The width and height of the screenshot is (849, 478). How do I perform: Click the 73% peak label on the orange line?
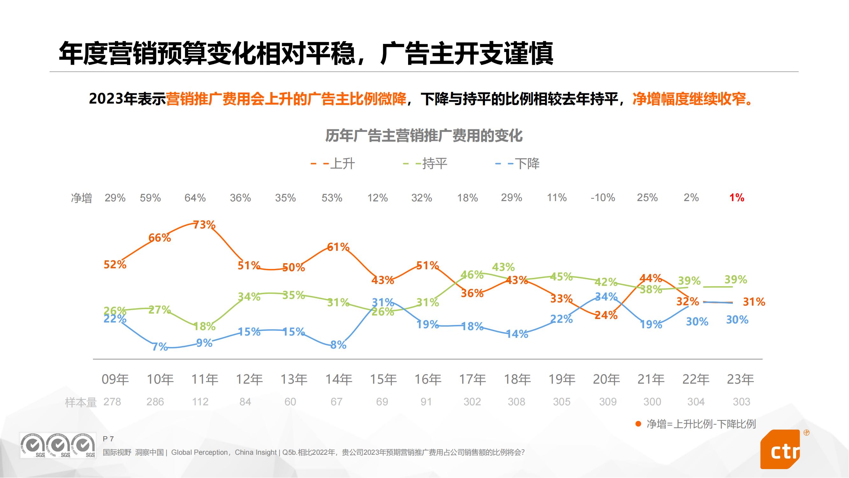pos(204,225)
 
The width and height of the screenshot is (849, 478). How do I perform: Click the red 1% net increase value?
pos(737,198)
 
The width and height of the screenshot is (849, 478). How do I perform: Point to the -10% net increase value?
pos(603,198)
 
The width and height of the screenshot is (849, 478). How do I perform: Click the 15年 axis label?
pos(383,379)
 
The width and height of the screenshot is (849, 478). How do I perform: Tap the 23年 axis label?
pos(740,379)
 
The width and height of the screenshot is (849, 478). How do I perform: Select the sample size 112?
pos(200,402)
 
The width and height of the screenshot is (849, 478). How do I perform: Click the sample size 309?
pos(607,402)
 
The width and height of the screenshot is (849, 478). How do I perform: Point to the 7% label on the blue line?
pos(160,347)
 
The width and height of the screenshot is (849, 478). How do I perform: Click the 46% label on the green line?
pos(472,274)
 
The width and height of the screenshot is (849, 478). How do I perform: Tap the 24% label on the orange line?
pos(606,315)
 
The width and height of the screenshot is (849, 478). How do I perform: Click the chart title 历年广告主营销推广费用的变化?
pos(424,135)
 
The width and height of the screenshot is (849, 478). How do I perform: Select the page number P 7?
pos(108,439)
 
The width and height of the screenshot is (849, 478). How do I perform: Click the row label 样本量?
pos(81,402)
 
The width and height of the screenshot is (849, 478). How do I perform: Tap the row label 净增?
pos(81,198)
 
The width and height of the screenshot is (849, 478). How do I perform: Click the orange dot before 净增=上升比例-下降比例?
pos(638,424)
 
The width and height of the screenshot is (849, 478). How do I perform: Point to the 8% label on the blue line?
pos(338,345)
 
